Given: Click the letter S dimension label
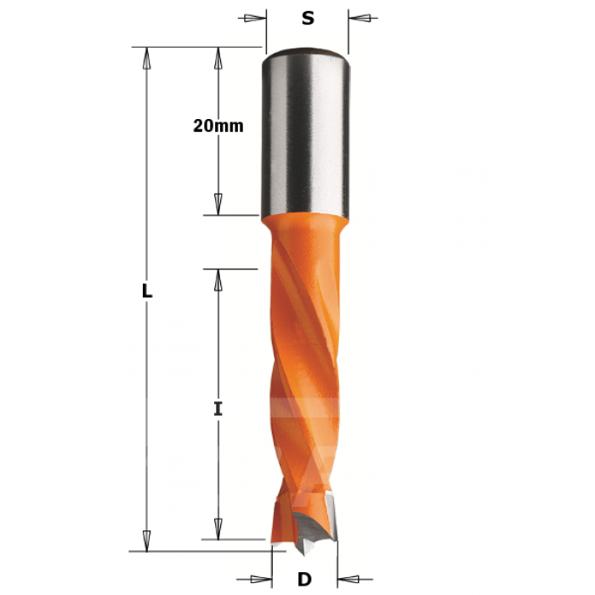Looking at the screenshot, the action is click(x=308, y=18).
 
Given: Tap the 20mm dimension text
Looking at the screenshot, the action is click(x=218, y=126).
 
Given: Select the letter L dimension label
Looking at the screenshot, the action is click(x=147, y=292).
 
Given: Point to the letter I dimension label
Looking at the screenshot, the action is click(x=218, y=410).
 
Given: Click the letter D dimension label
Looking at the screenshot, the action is click(x=304, y=580).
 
